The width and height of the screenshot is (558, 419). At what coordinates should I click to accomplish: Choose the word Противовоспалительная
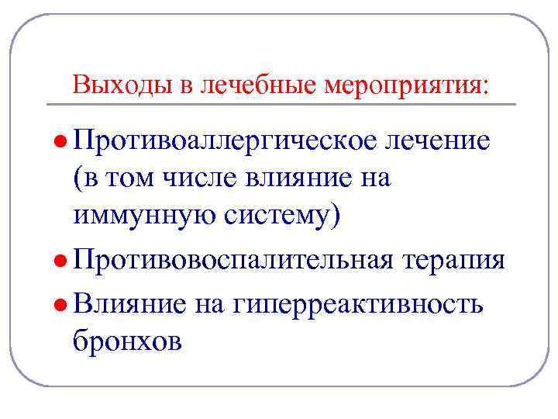(232, 258)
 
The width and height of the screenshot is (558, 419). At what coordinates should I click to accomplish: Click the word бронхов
(128, 340)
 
